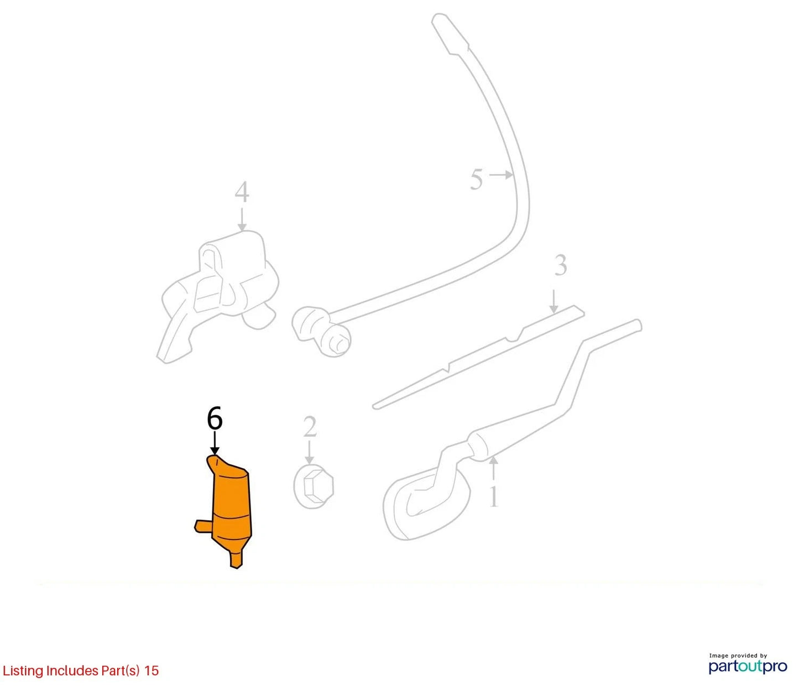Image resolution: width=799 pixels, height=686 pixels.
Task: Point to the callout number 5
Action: tap(477, 179)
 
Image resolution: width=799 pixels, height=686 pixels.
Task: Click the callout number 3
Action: tap(561, 265)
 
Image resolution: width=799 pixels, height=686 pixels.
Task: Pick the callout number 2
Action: tap(309, 427)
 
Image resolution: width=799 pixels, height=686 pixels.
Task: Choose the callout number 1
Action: tap(493, 496)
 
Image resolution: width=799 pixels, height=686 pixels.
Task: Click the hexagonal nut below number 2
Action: tap(313, 486)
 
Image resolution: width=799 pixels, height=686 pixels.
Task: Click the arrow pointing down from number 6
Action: tap(215, 443)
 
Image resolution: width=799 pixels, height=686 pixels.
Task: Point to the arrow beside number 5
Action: tap(501, 175)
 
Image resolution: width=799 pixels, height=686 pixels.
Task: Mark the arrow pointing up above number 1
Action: tap(493, 469)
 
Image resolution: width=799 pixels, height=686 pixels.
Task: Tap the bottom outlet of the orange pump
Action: tap(236, 558)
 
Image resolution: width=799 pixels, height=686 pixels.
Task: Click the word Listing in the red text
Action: tap(23, 671)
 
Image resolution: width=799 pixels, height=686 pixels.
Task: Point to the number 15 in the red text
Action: tap(152, 671)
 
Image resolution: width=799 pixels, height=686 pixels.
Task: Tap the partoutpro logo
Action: tap(748, 666)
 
